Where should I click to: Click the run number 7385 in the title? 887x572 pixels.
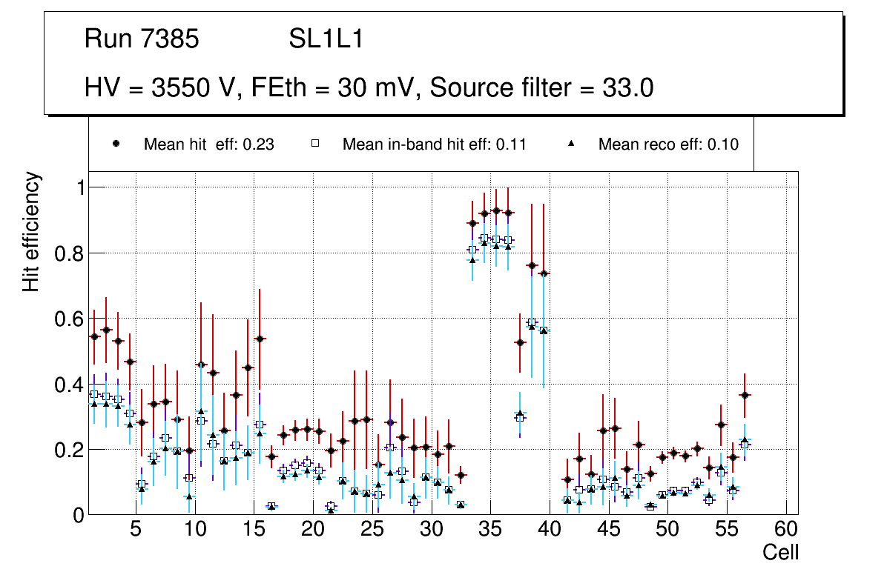[172, 39]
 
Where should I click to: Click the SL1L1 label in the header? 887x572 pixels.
[326, 39]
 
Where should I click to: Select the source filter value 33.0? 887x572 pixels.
[627, 88]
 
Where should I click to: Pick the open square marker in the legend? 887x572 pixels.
[314, 144]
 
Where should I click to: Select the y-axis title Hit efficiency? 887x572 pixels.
[31, 232]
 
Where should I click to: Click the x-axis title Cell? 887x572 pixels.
[780, 552]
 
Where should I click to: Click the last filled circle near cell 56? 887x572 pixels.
[745, 395]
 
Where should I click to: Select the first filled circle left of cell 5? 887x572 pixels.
[94, 336]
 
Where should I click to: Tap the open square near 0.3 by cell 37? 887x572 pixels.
[520, 418]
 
